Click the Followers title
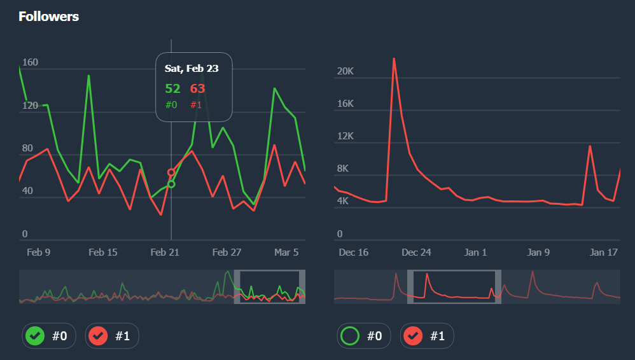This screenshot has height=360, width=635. coord(49,17)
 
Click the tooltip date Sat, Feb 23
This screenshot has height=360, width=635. coord(192,69)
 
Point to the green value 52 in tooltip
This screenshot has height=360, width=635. coord(172,89)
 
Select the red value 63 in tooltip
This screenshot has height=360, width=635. coord(198,89)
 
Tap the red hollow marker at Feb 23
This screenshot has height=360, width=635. coord(171,172)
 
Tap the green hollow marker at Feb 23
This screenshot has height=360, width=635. coord(171,184)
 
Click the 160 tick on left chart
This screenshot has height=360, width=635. coord(30,62)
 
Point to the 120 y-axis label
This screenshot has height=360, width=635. coord(30,106)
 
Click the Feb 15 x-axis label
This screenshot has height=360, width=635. coord(103,253)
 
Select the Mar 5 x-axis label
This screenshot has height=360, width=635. coord(286,253)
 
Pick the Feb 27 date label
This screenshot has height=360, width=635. coord(227,253)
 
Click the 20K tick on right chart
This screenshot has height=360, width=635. coord(345,71)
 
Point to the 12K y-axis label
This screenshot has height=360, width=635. coord(344,136)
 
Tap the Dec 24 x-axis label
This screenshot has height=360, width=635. coord(416,253)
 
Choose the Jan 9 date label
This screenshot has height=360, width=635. coord(538,253)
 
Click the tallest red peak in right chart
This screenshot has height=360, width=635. coord(394,59)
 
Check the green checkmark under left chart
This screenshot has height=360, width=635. coord(34,336)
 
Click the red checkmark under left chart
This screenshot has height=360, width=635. coord(97,336)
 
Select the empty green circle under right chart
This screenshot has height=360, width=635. coord(349,336)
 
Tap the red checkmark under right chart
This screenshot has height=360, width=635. coord(412,336)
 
